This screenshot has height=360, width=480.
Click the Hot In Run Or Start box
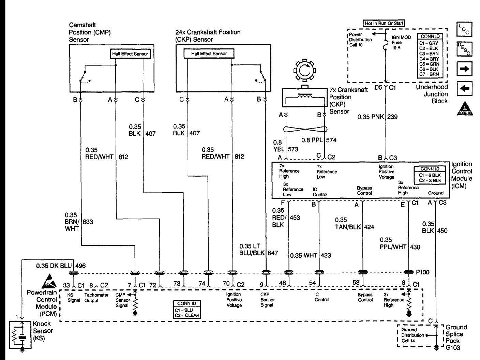[384, 24]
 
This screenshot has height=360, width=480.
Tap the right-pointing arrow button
[464, 69]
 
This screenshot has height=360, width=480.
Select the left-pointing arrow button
[464, 88]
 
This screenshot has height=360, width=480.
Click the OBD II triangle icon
[464, 109]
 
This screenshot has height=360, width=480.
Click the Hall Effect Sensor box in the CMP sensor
[130, 54]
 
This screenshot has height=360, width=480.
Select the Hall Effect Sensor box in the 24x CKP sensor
[209, 54]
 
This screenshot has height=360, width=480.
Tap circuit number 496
[81, 266]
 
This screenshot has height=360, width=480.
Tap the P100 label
[423, 272]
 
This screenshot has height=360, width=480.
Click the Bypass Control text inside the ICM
[364, 191]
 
